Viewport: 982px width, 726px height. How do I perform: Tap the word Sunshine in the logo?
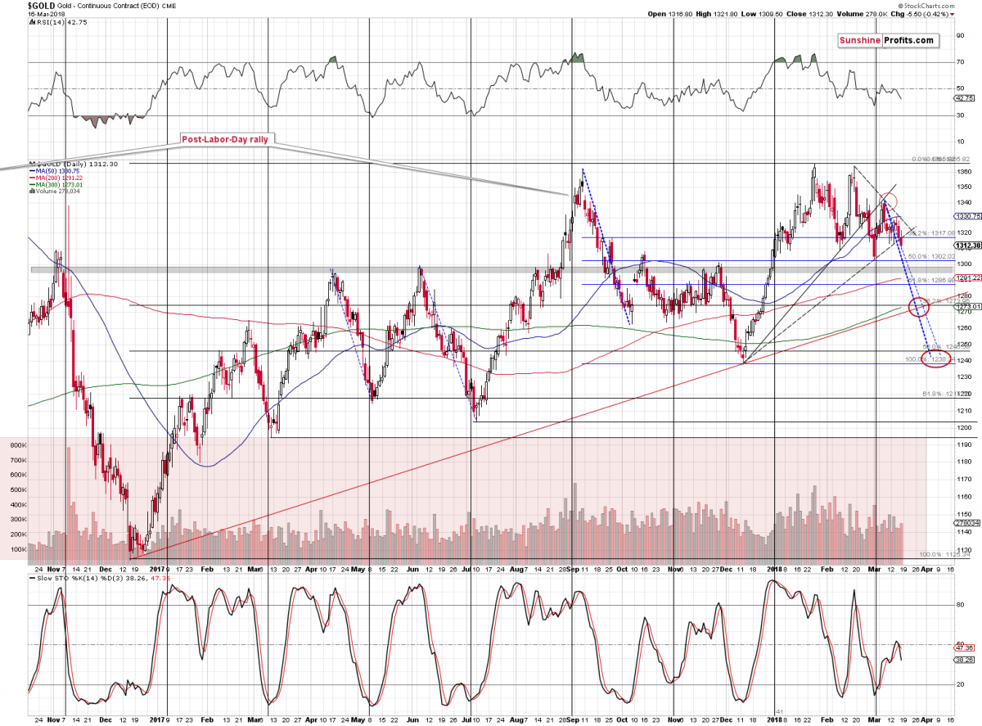point(864,40)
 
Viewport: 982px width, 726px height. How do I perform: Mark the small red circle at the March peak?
point(887,201)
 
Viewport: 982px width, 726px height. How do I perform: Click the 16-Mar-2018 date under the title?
point(25,14)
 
